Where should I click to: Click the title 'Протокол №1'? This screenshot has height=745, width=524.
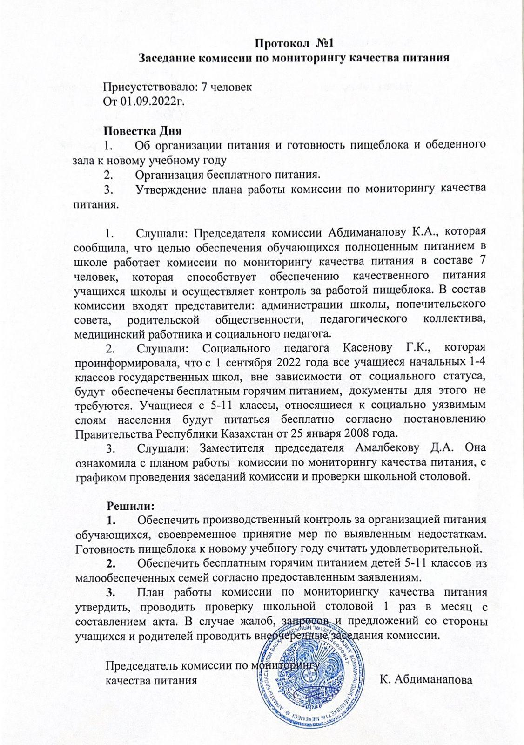click(295, 44)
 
